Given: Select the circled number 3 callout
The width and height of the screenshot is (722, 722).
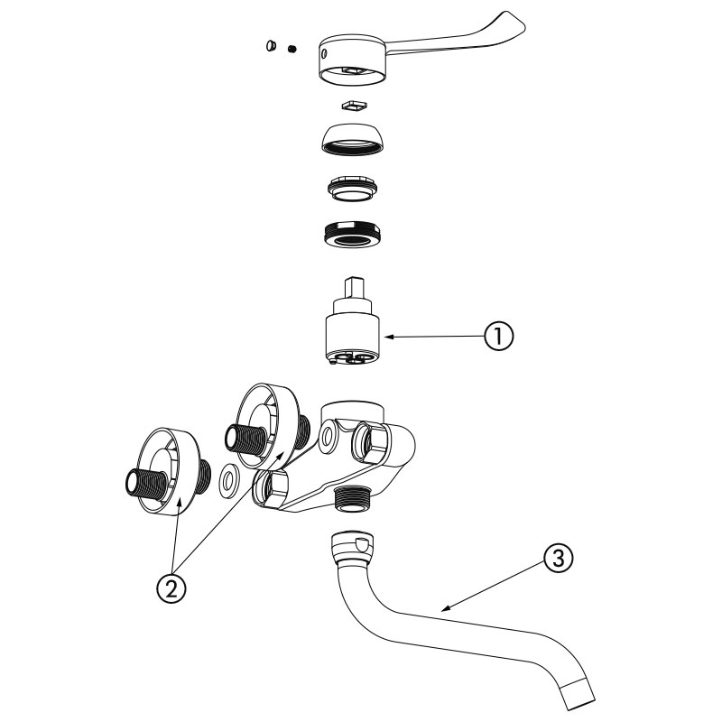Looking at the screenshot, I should [559, 559].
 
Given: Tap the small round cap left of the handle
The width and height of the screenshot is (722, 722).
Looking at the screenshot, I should [272, 44].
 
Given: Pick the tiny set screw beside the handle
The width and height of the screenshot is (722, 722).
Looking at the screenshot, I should [292, 49].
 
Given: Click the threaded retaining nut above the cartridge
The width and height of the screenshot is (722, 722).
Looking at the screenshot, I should [351, 236].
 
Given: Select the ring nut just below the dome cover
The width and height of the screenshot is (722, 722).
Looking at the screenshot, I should [351, 188].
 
